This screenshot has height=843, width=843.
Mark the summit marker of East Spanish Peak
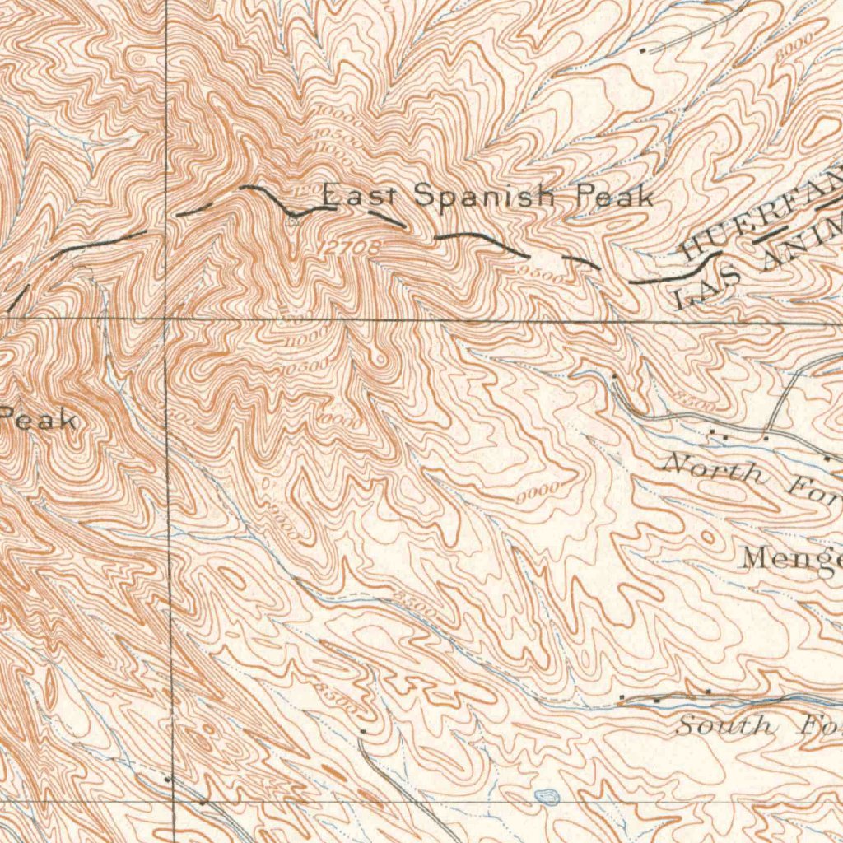coord(293,220)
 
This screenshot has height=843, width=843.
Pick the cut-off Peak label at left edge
coord(40,421)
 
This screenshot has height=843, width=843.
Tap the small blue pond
coord(545,795)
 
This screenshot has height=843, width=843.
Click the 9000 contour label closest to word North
coord(539,492)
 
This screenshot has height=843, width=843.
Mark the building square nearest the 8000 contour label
coord(644,49)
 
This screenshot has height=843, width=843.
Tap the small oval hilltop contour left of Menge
coord(706,537)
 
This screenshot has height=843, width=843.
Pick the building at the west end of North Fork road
coord(614,375)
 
